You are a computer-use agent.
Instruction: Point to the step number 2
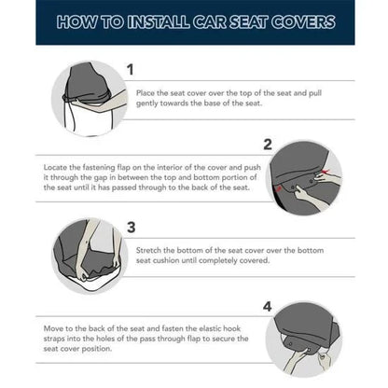pyautogui.click(x=267, y=145)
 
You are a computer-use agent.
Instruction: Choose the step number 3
pyautogui.click(x=131, y=227)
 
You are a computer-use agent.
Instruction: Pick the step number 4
pyautogui.click(x=267, y=305)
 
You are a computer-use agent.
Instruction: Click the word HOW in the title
pyautogui.click(x=76, y=21)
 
